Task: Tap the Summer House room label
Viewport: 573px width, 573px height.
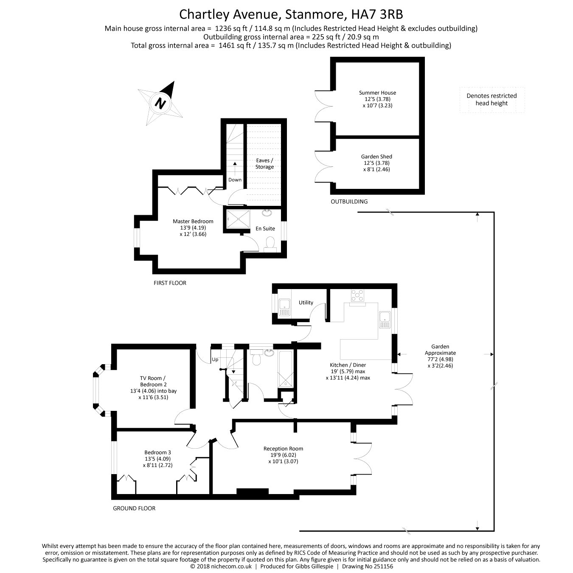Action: (377, 99)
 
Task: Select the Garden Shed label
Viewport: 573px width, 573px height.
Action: (376, 163)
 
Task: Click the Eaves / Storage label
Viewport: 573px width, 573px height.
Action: (264, 163)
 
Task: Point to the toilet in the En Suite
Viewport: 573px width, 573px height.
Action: (270, 243)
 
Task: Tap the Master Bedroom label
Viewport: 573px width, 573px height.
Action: (193, 227)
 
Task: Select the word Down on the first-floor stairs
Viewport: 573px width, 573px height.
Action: (235, 180)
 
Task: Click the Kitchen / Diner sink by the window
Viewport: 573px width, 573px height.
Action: (385, 319)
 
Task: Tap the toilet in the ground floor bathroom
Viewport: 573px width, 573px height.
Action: (256, 357)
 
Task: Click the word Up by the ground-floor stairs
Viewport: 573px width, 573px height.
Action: (215, 360)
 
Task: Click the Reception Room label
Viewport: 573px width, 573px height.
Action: (283, 455)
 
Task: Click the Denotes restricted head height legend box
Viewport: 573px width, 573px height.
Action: (492, 100)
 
